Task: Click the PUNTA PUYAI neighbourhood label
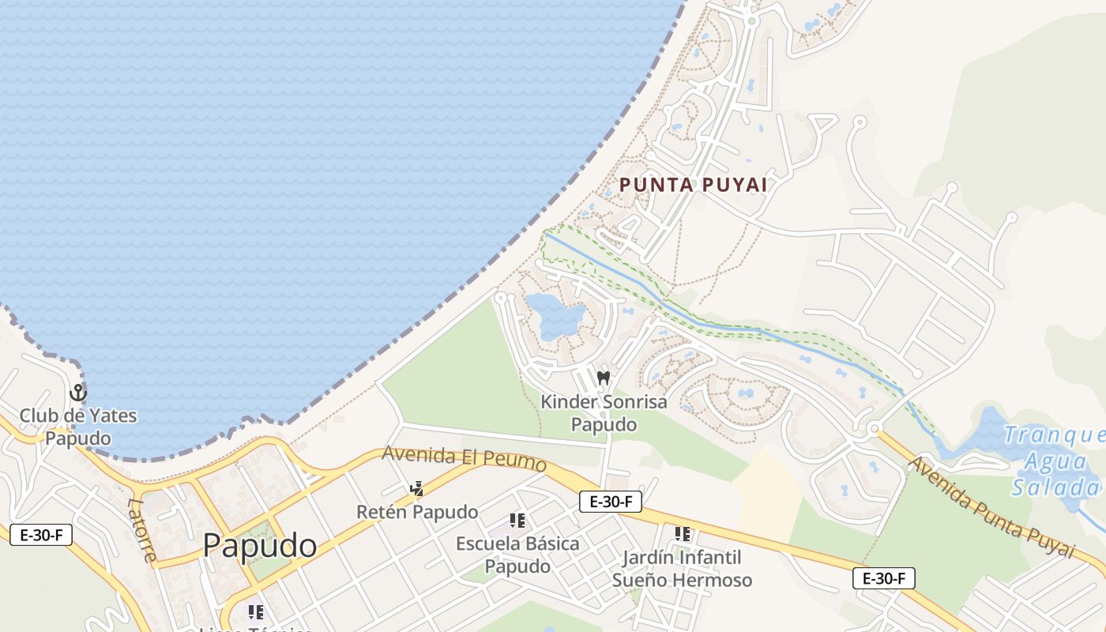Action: click(x=693, y=185)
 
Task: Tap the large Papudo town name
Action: click(x=260, y=546)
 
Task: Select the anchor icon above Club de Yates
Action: click(x=78, y=392)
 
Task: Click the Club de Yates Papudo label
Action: click(x=78, y=427)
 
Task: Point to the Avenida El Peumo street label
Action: click(x=464, y=458)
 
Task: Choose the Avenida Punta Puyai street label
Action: click(x=991, y=507)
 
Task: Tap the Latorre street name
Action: click(x=141, y=529)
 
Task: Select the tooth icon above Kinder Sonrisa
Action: click(x=604, y=378)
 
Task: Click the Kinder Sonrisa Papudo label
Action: click(x=604, y=413)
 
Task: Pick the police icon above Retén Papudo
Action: click(x=416, y=489)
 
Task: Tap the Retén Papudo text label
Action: click(x=417, y=512)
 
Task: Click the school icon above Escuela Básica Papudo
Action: click(x=517, y=520)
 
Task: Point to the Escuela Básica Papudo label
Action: click(x=517, y=555)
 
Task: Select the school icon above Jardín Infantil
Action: click(x=683, y=534)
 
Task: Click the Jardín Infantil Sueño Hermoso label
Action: click(x=683, y=569)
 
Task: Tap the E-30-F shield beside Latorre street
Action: click(x=41, y=535)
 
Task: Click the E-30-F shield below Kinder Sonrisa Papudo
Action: click(x=610, y=501)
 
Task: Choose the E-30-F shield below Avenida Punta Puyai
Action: click(x=883, y=578)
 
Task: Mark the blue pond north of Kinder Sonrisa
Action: click(x=555, y=314)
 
